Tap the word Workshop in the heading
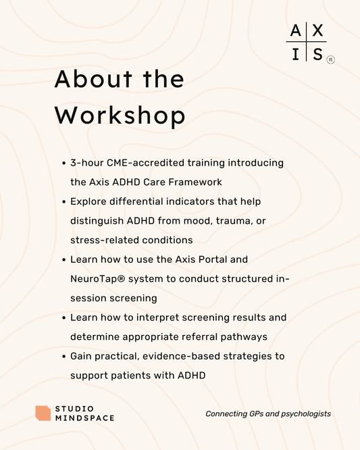coord(120,116)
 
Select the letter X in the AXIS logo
coord(317,30)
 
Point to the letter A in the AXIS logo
coord(295,30)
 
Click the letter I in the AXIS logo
coord(295,54)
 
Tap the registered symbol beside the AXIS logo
coord(330,59)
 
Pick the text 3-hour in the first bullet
coord(86,163)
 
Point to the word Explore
coord(89,201)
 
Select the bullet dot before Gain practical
coord(63,356)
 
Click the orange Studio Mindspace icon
coord(43,414)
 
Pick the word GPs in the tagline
coord(255,414)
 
